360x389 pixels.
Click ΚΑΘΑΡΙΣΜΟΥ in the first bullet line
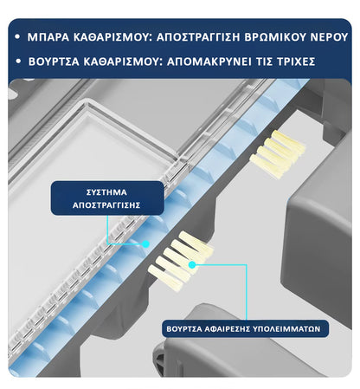(118, 37)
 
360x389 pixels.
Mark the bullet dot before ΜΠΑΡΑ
(18, 37)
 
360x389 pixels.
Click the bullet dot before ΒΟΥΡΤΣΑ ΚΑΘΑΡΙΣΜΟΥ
(18, 62)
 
